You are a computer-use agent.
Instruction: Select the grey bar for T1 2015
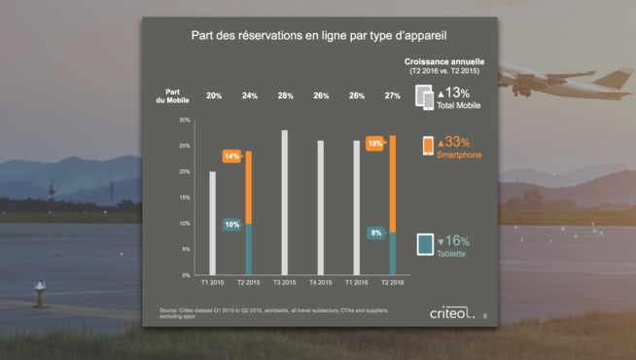coord(212,223)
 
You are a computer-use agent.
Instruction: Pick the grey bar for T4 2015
coord(320,207)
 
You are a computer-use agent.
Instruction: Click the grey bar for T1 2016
coord(356,207)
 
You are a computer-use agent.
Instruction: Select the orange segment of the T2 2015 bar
coord(248,187)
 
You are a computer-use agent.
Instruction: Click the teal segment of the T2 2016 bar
coord(393,253)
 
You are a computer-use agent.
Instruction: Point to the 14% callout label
coord(232,156)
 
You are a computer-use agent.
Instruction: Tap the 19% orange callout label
coord(375,144)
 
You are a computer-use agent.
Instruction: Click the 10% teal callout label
coord(232,224)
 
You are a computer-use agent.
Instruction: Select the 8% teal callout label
coord(375,234)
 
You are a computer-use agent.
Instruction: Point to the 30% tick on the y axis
coord(184,120)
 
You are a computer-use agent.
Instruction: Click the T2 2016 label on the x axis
coord(392,283)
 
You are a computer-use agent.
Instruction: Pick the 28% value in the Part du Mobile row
coord(284,95)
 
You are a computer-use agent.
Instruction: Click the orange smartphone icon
coord(427,146)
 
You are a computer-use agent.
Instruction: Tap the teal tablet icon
coord(425,245)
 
